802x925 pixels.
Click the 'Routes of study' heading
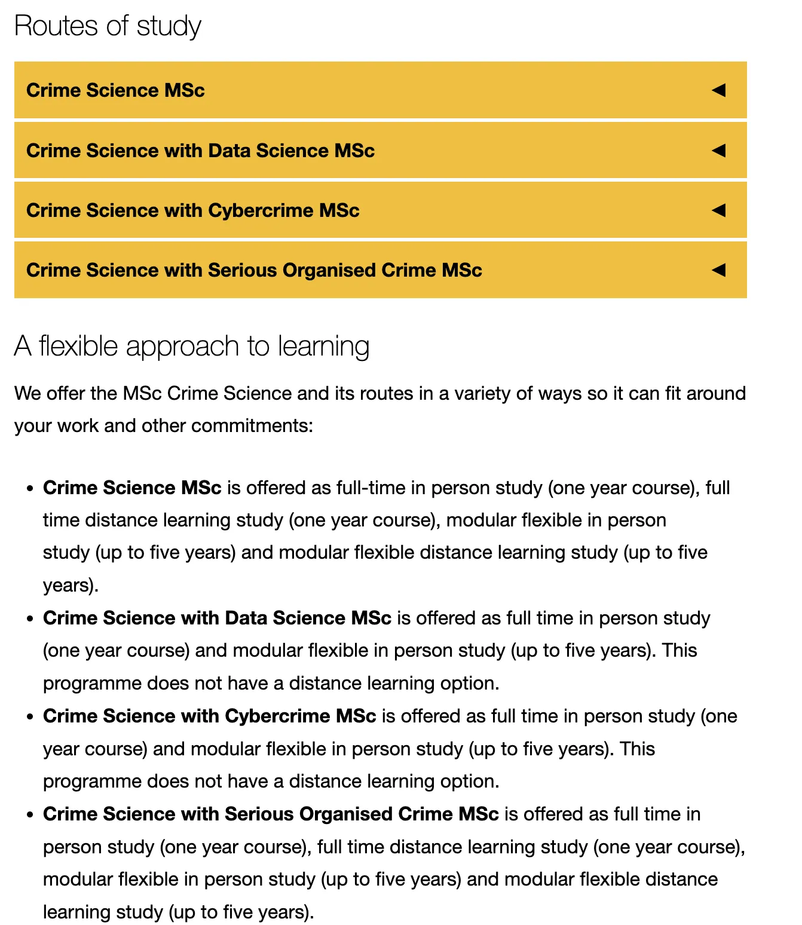tap(108, 26)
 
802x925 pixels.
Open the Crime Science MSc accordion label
tap(115, 90)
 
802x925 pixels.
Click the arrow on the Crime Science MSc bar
tap(718, 90)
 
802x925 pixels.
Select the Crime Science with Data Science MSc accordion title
tap(200, 151)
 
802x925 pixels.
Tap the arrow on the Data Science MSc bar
tap(718, 151)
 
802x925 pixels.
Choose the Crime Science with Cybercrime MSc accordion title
tap(192, 210)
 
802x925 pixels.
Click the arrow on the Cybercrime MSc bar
tap(718, 210)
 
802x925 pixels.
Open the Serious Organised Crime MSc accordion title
tap(254, 270)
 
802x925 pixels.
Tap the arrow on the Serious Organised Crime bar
tap(718, 270)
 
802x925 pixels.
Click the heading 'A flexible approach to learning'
tap(192, 347)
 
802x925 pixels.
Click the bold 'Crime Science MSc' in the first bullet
tap(132, 488)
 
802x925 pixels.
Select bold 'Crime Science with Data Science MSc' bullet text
tap(217, 618)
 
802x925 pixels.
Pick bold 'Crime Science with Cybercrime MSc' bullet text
tap(209, 716)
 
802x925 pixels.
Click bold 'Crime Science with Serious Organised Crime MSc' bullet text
tap(271, 814)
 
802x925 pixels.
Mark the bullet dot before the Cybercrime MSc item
tap(30, 716)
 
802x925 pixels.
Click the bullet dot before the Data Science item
tap(30, 618)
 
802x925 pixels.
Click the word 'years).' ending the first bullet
tap(71, 584)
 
